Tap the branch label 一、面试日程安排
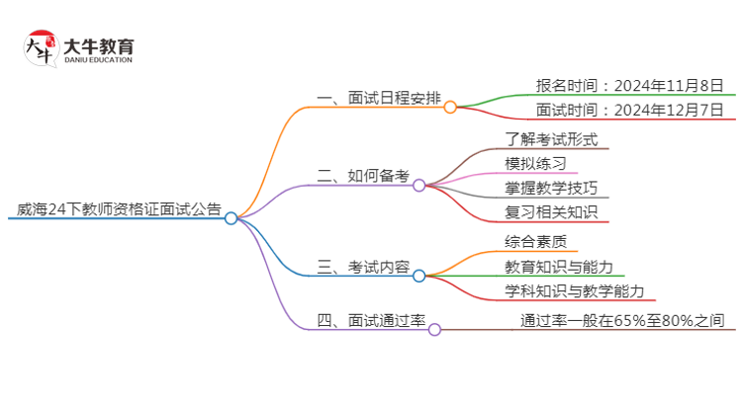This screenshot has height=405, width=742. click(378, 99)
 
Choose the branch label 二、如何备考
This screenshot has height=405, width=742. click(363, 177)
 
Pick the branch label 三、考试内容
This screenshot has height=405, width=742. click(363, 267)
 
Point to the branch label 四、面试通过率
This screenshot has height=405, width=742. click(370, 320)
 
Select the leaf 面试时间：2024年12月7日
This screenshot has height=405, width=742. click(629, 110)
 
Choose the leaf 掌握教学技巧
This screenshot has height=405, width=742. click(551, 188)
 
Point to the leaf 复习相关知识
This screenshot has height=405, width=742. click(551, 211)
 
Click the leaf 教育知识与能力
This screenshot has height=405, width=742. click(559, 267)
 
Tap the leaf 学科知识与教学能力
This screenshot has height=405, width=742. click(575, 291)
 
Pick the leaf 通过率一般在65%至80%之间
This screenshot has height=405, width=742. click(624, 320)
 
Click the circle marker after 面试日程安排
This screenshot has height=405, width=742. click(450, 107)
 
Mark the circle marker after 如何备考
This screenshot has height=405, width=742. click(419, 185)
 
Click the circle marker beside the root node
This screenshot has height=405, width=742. click(231, 218)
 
